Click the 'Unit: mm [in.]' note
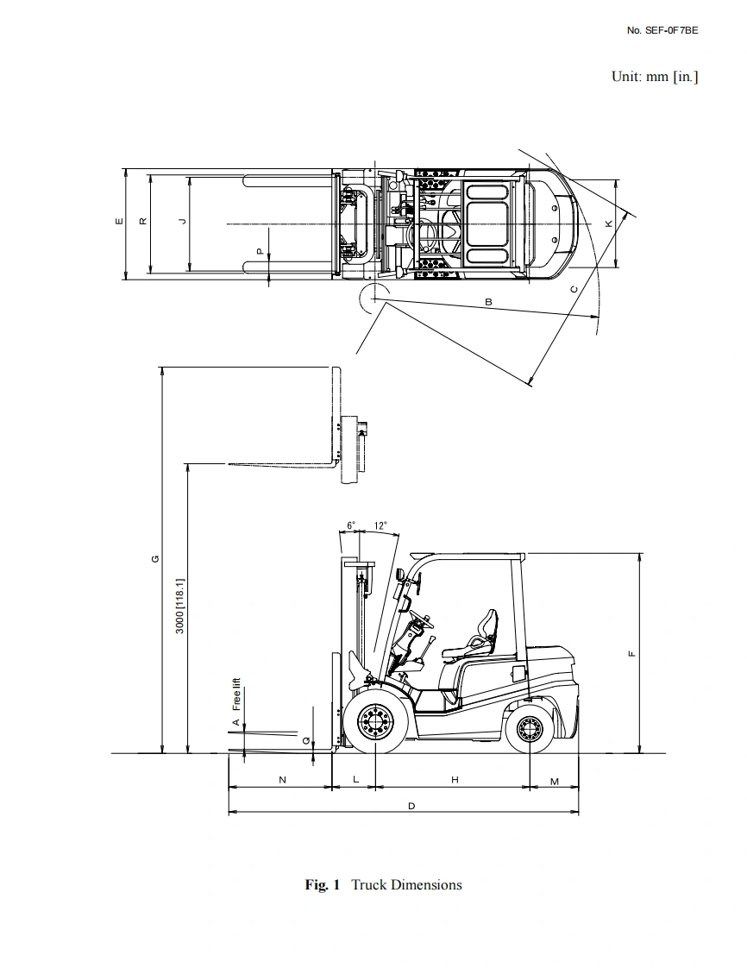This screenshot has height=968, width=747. tap(655, 77)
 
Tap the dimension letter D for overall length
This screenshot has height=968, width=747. tap(411, 806)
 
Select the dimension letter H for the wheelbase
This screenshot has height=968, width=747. tap(455, 780)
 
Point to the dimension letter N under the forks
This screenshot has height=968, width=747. tap(283, 780)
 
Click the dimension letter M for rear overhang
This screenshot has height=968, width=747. tap(555, 782)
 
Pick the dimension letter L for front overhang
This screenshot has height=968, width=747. tap(355, 779)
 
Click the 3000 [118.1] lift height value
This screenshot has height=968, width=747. tap(179, 606)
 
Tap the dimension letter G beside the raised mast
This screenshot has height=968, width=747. tap(155, 559)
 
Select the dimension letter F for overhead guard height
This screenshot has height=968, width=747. tap(631, 654)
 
